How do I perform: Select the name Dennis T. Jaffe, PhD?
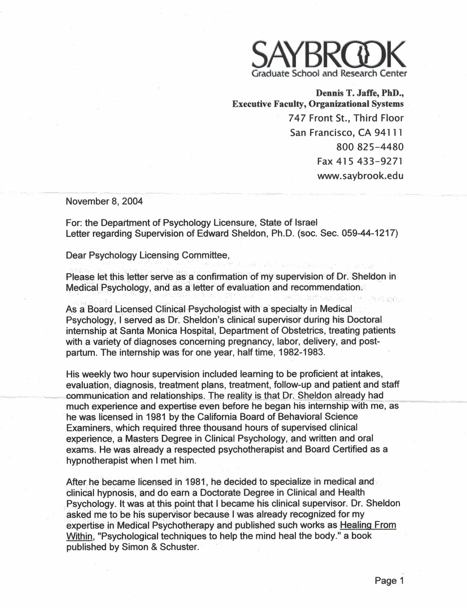[359, 93]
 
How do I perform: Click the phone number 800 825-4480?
[370, 147]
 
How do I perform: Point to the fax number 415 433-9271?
[369, 161]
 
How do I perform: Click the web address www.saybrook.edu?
[360, 176]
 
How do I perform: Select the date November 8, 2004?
[104, 201]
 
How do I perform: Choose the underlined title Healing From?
[368, 525]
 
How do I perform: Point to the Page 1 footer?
[389, 581]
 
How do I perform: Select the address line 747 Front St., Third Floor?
[346, 118]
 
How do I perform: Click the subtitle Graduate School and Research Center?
[329, 74]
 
